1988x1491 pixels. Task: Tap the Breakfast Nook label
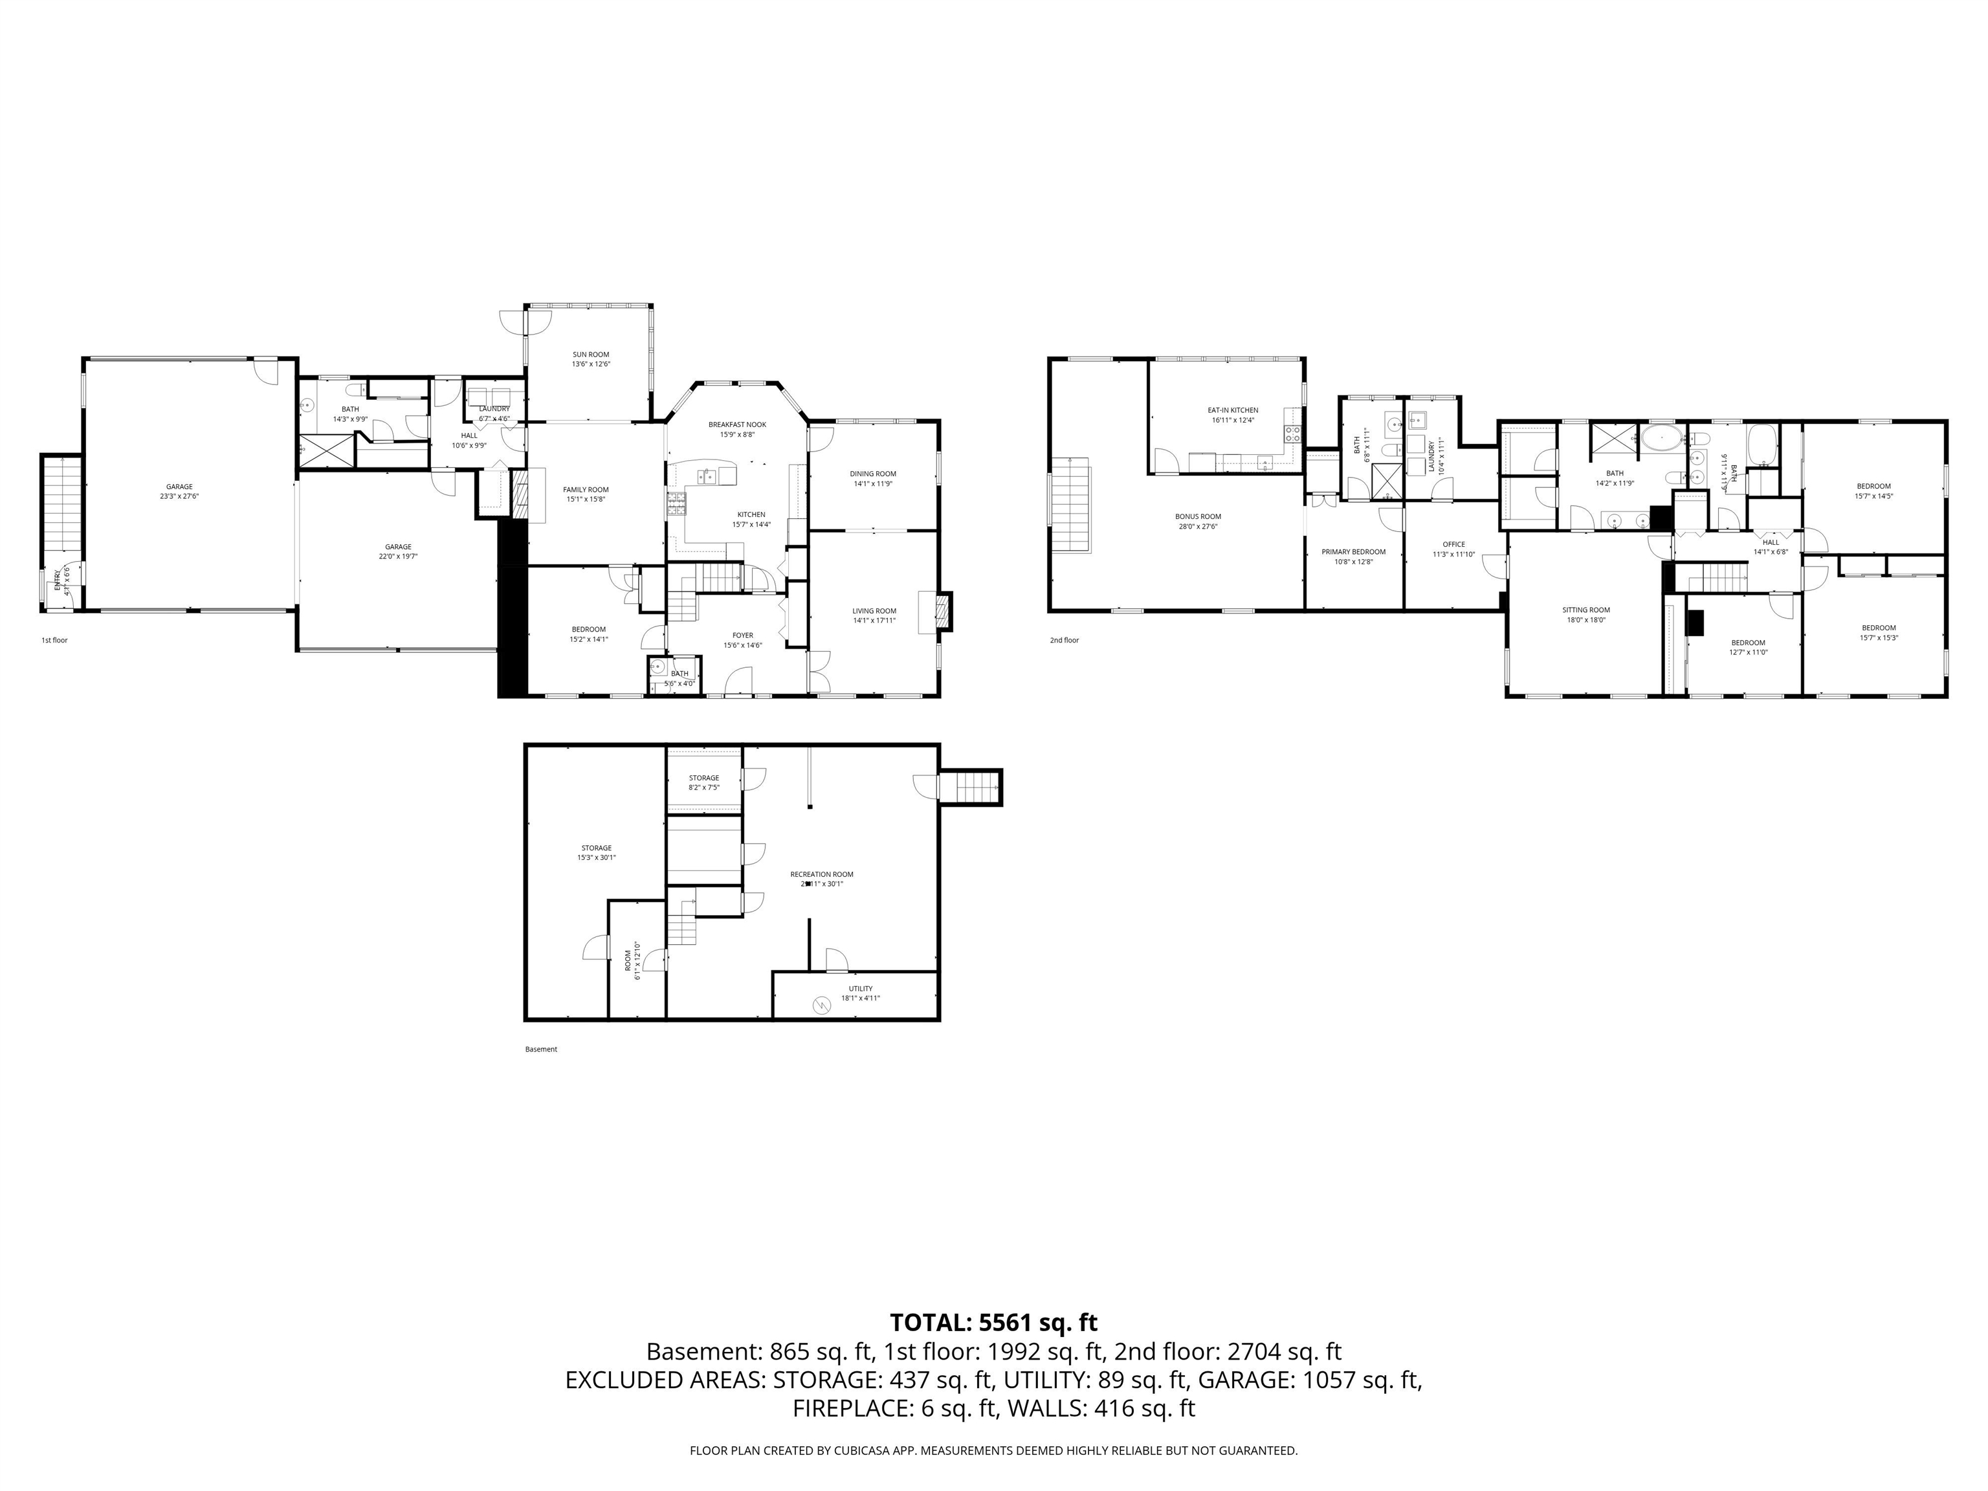pyautogui.click(x=737, y=425)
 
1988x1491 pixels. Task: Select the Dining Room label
pyautogui.click(x=873, y=474)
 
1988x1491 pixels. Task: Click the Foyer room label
pyautogui.click(x=742, y=635)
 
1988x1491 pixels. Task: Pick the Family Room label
pyautogui.click(x=586, y=490)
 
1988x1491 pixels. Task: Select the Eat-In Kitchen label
pyautogui.click(x=1232, y=410)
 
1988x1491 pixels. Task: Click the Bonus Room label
pyautogui.click(x=1197, y=517)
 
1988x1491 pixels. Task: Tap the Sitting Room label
pyautogui.click(x=1585, y=610)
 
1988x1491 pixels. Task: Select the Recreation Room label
pyautogui.click(x=821, y=874)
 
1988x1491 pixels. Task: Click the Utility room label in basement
pyautogui.click(x=860, y=989)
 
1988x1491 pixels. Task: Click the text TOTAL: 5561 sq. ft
pyautogui.click(x=993, y=1323)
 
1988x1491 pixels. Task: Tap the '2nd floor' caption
pyautogui.click(x=1064, y=641)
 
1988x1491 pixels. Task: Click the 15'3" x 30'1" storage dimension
pyautogui.click(x=596, y=858)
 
